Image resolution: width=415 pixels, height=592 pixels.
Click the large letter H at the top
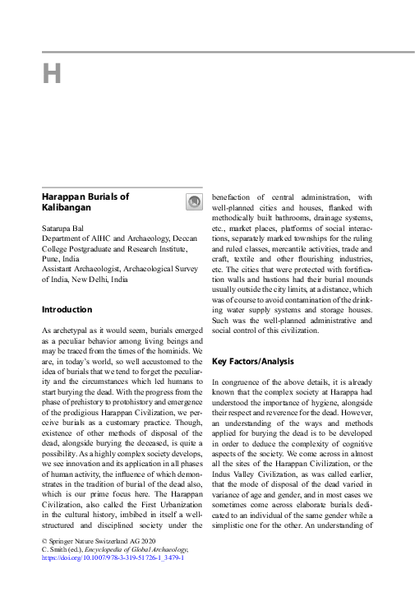pyautogui.click(x=51, y=74)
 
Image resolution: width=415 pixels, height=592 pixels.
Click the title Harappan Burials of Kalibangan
pyautogui.click(x=85, y=202)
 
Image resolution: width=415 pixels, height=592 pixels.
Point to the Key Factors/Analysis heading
pyautogui.click(x=258, y=361)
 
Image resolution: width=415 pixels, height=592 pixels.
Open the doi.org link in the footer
pyautogui.click(x=113, y=557)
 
